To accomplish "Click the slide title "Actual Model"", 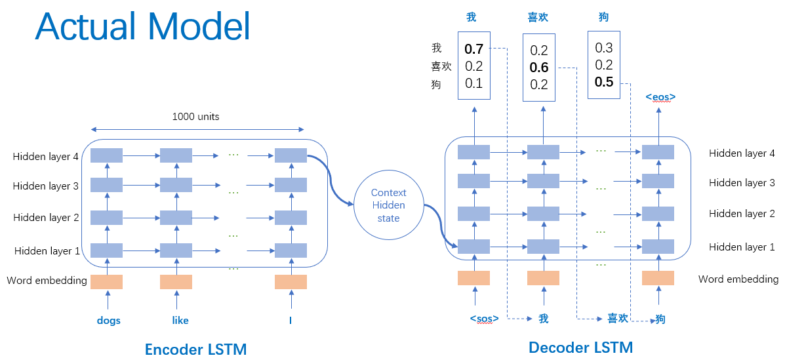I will tap(143, 27).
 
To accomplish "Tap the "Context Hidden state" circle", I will tap(388, 205).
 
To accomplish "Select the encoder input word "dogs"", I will tap(108, 321).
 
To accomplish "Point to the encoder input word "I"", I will tap(290, 321).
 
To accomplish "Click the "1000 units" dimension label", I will tap(195, 117).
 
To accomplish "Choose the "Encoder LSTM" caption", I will tap(195, 349).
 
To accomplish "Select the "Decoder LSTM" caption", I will tap(580, 348).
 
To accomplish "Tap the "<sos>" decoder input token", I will tap(484, 319).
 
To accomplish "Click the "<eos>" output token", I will tap(660, 98).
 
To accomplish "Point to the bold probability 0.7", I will tap(473, 49).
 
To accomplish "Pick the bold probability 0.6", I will tap(539, 68).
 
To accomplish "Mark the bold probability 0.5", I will tap(604, 81).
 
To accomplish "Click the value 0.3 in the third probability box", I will tap(604, 48).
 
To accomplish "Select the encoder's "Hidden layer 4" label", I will tap(46, 157).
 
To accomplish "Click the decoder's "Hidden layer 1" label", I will tap(742, 247).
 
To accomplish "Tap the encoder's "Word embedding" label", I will tap(47, 281).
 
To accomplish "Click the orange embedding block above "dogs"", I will tap(106, 282).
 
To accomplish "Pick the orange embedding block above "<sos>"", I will tap(473, 278).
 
